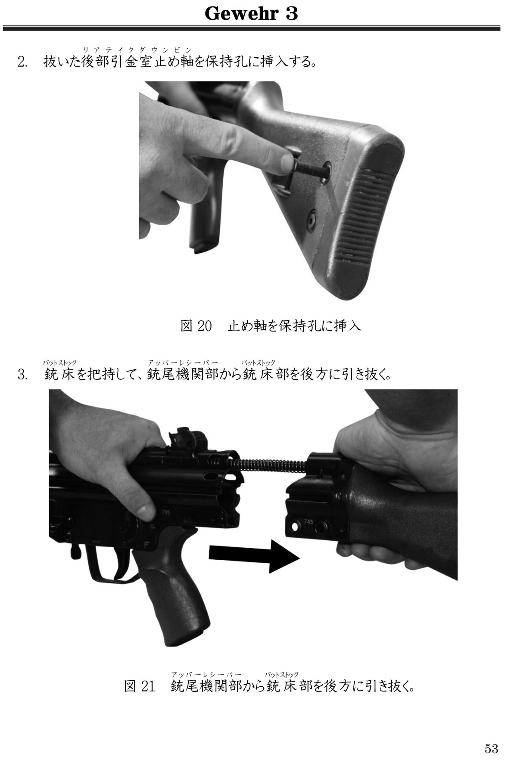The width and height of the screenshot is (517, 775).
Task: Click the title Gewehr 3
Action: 251,14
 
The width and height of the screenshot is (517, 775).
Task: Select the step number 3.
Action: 22,375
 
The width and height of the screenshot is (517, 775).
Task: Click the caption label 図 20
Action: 196,326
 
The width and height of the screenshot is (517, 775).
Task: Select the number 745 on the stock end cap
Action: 308,521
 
